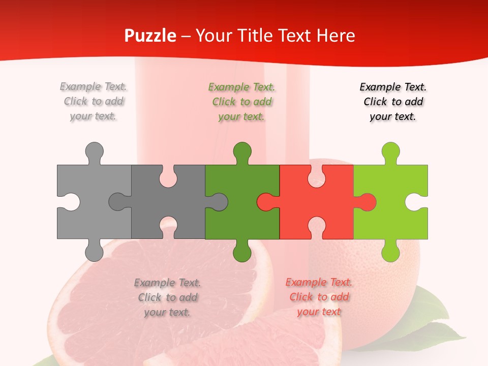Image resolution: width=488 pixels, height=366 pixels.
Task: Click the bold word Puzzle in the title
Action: click(x=150, y=36)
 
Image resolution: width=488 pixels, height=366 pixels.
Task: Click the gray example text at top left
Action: click(x=94, y=101)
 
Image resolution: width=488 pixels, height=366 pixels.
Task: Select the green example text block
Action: click(x=242, y=102)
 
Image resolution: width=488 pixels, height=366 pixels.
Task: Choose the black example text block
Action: click(x=393, y=101)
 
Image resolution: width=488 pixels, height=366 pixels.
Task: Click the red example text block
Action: click(x=319, y=297)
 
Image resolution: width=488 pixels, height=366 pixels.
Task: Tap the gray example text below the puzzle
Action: click(x=167, y=297)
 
